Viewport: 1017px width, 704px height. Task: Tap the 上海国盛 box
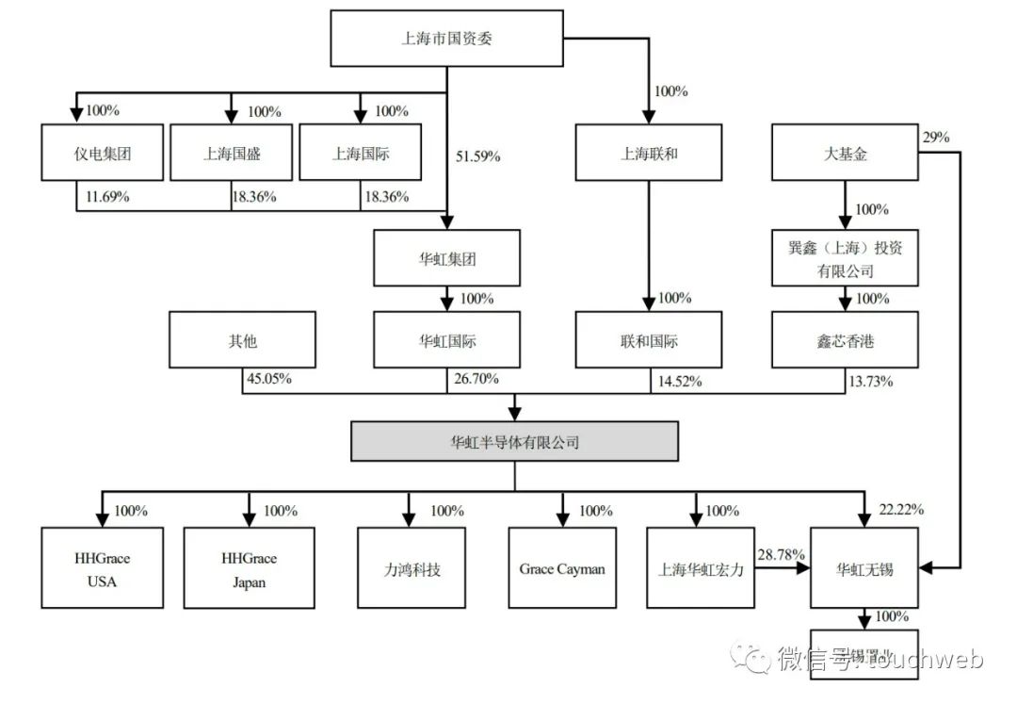click(x=231, y=153)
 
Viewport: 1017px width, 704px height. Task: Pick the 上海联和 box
click(x=649, y=153)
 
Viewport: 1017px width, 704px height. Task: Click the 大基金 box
click(x=845, y=153)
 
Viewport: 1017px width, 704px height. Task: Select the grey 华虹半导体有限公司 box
click(x=514, y=441)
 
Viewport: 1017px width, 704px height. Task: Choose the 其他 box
click(x=242, y=341)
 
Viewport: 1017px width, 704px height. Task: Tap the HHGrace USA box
click(x=102, y=569)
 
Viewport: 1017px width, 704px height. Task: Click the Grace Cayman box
click(x=562, y=568)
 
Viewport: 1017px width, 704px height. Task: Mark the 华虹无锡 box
click(x=864, y=568)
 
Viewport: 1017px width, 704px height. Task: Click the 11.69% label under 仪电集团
click(x=105, y=197)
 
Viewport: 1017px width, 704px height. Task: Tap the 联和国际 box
click(x=649, y=341)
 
